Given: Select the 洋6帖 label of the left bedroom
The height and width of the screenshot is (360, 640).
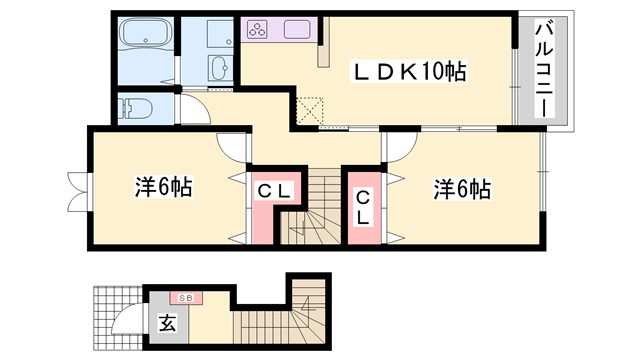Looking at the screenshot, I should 163,186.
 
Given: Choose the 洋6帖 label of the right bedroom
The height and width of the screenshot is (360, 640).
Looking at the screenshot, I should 462,187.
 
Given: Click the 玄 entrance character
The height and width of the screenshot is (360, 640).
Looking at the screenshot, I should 166,323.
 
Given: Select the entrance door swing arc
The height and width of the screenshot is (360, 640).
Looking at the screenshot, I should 127,318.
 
